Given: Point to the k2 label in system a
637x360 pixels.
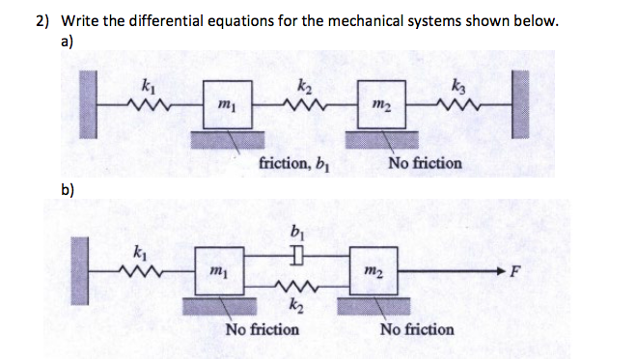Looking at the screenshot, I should tap(304, 86).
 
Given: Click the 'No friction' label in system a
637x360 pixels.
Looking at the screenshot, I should tap(426, 163).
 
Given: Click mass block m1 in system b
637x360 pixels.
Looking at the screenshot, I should tap(223, 271).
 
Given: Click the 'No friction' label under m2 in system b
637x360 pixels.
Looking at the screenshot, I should tap(417, 329).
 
